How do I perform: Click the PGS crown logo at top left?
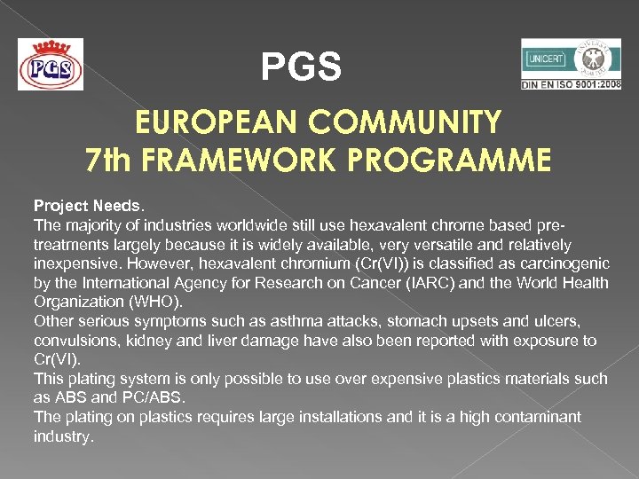click(51, 64)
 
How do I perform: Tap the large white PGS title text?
click(301, 67)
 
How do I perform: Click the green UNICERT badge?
click(546, 59)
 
